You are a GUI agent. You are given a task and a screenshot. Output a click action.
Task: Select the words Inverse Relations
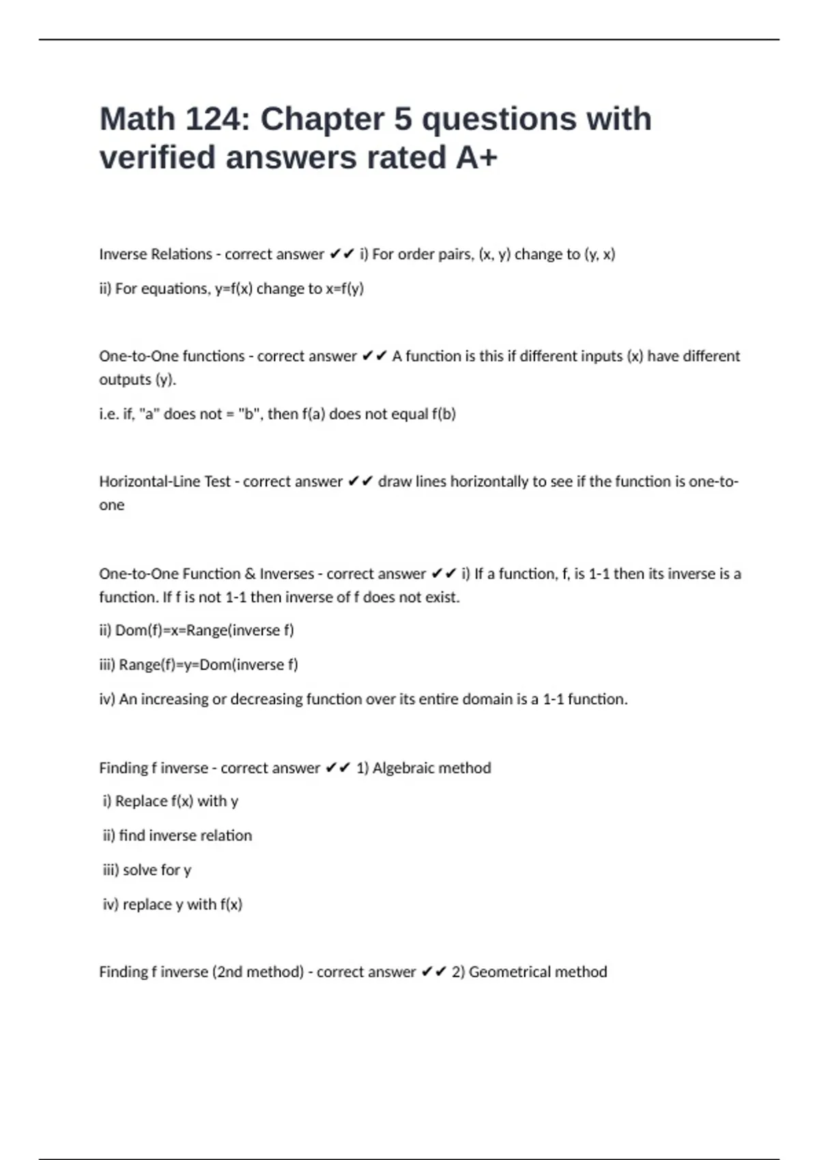pos(156,255)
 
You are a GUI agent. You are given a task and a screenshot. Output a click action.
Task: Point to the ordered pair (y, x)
pos(600,255)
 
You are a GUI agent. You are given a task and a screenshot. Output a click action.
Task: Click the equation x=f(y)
pos(345,289)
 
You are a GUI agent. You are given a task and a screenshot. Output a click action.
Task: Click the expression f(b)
pos(444,414)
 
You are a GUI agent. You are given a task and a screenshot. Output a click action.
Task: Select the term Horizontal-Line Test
pos(164,482)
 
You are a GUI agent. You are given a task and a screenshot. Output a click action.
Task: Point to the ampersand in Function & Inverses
pos(250,574)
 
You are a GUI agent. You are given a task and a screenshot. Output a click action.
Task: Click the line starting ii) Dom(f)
pos(197,630)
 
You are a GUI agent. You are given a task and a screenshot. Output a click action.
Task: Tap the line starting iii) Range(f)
pos(199,665)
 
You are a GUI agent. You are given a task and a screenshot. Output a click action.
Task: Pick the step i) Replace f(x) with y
pos(171,801)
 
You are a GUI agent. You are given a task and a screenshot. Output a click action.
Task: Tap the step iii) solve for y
pos(147,870)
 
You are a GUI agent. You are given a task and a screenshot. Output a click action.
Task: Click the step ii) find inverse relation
pos(177,836)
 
